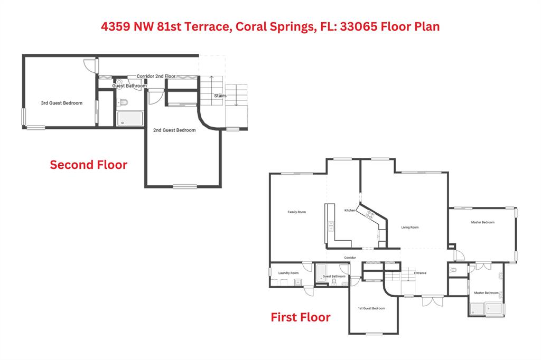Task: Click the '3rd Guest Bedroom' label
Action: [62, 103]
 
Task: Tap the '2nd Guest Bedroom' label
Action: [174, 130]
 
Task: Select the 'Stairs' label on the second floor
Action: [220, 96]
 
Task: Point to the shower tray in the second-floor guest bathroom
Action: [130, 118]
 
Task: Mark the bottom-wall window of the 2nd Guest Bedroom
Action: [185, 186]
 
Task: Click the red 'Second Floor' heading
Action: [89, 165]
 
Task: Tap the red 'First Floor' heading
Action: [301, 317]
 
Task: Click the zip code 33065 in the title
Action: [359, 26]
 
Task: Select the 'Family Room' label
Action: [297, 212]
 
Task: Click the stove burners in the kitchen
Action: [370, 215]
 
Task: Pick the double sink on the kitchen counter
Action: [331, 226]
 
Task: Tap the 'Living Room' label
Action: [410, 227]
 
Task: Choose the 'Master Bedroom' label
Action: [483, 222]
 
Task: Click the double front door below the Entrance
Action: [433, 300]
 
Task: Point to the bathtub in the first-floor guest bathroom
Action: [321, 273]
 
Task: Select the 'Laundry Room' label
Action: [288, 273]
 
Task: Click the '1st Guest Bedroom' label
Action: [371, 308]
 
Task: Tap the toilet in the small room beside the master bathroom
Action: [453, 270]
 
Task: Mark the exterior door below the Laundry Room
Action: [309, 291]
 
